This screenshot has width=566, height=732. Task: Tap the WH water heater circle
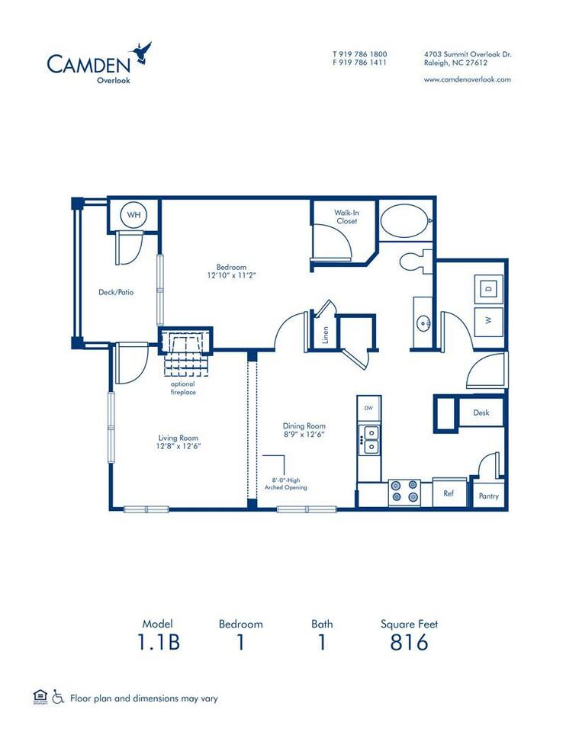click(134, 215)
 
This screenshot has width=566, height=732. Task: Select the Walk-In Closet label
click(346, 217)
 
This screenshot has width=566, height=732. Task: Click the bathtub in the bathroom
click(404, 221)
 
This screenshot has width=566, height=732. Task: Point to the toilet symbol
click(413, 262)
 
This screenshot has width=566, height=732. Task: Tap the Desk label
click(481, 413)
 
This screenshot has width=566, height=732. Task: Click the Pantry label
click(489, 496)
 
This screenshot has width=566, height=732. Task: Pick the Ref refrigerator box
click(449, 493)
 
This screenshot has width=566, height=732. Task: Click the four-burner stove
click(404, 491)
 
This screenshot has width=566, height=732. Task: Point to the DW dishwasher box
click(369, 408)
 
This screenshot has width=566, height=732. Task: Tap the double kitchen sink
click(370, 440)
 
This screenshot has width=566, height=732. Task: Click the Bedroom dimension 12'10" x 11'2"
click(231, 275)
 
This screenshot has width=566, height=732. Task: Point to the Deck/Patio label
click(116, 291)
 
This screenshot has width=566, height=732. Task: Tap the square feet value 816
click(409, 643)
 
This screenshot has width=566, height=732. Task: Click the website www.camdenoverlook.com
click(467, 79)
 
